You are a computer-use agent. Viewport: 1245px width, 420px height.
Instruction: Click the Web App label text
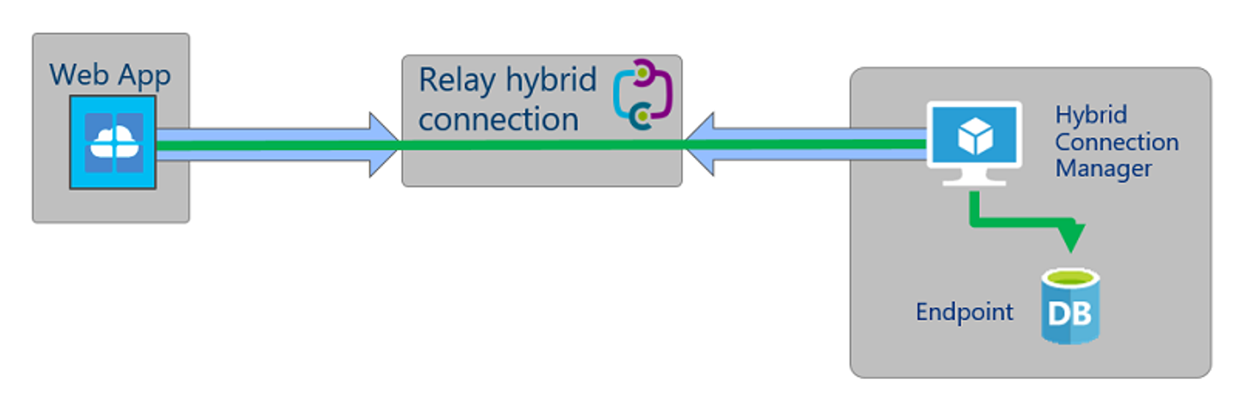(110, 75)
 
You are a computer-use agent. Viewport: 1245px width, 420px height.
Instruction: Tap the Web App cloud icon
(113, 142)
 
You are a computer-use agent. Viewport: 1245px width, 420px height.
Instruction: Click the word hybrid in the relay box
(551, 80)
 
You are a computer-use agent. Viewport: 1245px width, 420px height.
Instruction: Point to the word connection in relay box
(499, 119)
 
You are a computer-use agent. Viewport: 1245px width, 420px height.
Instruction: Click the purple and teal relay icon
(642, 94)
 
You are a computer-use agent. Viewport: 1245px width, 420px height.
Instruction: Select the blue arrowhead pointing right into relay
(384, 145)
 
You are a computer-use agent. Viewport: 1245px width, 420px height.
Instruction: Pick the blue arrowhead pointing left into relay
(699, 144)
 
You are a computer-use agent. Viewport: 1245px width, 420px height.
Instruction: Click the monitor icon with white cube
(974, 143)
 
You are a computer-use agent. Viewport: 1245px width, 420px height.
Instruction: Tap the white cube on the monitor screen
(975, 136)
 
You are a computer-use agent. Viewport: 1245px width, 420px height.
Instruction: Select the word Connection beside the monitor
(1117, 142)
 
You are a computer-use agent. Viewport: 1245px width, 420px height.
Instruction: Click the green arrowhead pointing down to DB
(1071, 236)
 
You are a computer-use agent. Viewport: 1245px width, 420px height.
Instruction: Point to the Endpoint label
(965, 312)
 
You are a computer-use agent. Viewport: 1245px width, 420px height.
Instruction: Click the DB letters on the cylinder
(1069, 314)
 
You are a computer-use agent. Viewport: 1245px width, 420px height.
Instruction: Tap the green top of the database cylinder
(1071, 277)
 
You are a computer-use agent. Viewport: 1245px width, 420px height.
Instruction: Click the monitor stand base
(974, 182)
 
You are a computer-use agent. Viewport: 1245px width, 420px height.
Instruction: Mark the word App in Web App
(144, 77)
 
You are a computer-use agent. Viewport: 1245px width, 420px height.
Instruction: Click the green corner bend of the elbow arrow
(975, 222)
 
